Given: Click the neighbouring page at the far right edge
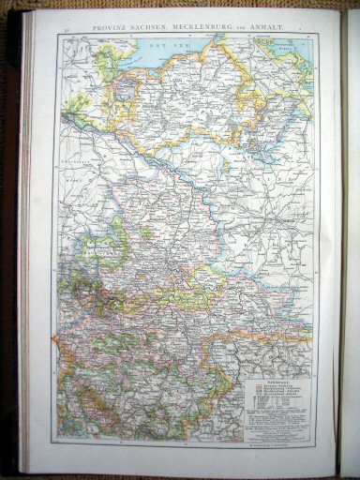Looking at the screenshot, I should click(352, 234).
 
